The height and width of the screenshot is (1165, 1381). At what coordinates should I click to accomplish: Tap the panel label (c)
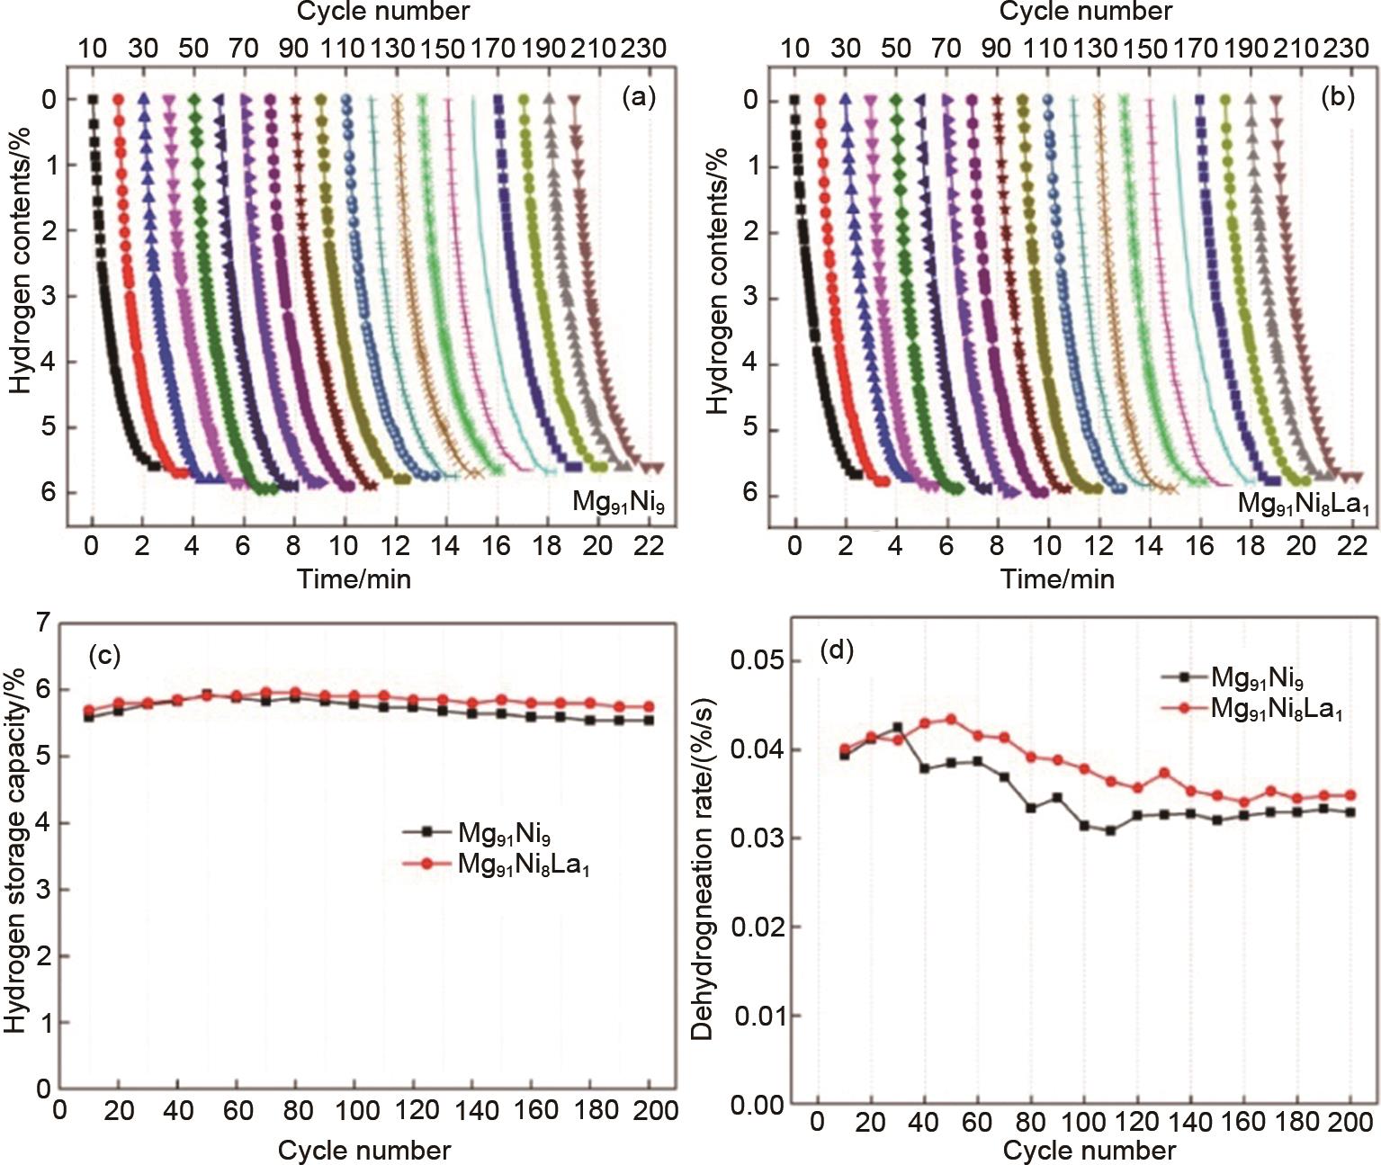pos(104,656)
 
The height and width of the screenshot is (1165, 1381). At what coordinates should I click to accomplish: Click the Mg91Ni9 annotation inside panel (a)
pos(618,501)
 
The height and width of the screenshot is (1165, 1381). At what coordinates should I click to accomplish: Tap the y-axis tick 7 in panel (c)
pos(43,623)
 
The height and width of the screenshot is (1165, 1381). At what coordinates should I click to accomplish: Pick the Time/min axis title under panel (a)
pos(354,578)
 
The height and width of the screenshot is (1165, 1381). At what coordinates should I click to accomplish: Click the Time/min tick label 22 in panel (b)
pos(1351,546)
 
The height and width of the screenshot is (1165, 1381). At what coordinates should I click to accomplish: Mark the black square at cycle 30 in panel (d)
pos(898,727)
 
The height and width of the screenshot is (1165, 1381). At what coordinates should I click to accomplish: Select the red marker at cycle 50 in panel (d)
pos(951,720)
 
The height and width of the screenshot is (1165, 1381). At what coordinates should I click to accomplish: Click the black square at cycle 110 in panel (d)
pos(1111,830)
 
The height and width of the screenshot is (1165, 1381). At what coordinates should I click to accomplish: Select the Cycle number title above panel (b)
pos(1086,12)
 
